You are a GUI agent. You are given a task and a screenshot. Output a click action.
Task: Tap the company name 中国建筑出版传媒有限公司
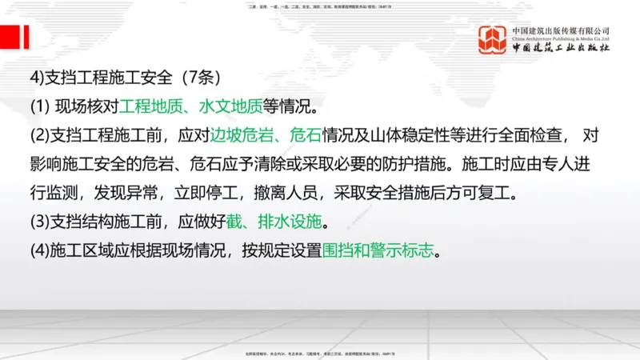pyautogui.click(x=561, y=30)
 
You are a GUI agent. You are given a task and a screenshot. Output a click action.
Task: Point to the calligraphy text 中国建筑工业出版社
pyautogui.click(x=561, y=47)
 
